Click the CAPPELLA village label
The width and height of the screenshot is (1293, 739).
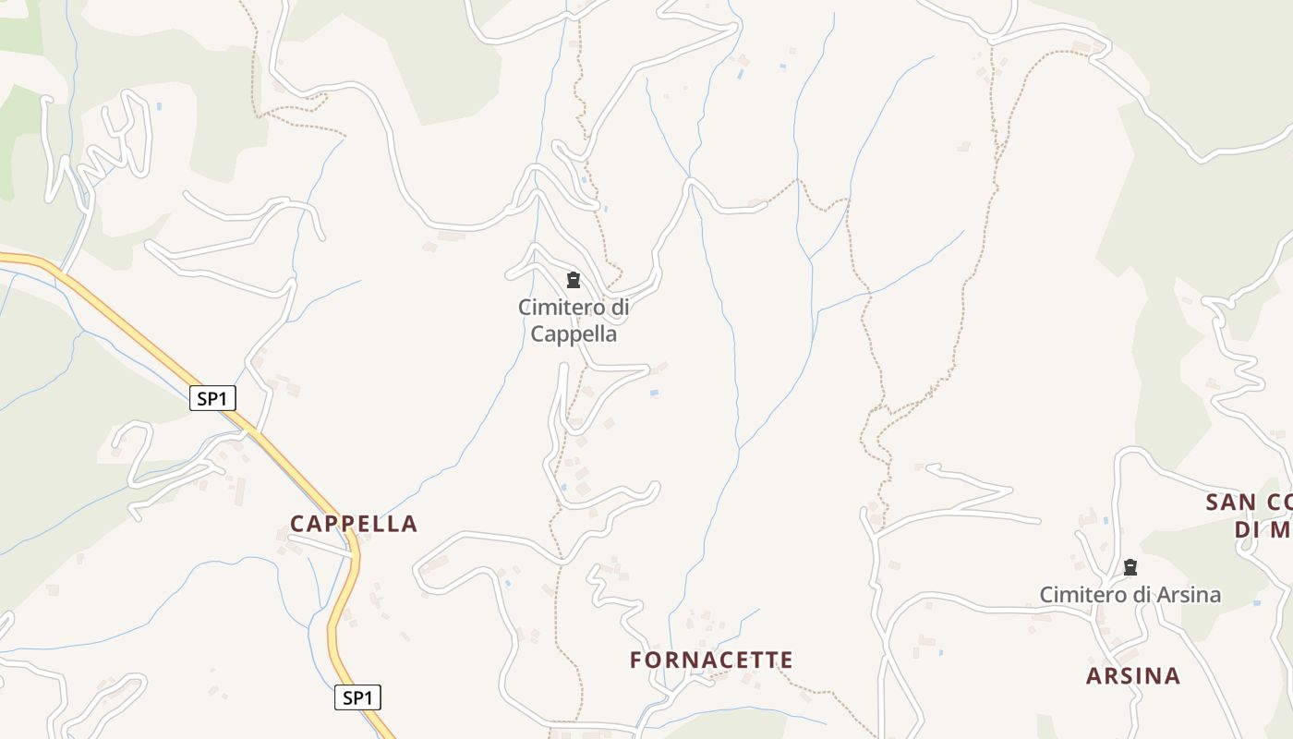click(x=354, y=524)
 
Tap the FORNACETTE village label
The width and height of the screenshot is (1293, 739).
click(x=711, y=660)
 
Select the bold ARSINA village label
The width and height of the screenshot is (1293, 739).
click(x=1133, y=676)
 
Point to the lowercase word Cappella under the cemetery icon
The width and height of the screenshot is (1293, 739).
click(x=574, y=333)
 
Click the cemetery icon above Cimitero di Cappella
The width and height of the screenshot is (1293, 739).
click(x=574, y=280)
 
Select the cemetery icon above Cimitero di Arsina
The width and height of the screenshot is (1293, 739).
click(x=1130, y=567)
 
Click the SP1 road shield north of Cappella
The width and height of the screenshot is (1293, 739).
click(x=212, y=399)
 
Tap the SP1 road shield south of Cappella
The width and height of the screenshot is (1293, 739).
click(x=357, y=698)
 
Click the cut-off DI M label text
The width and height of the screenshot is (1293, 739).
click(x=1263, y=530)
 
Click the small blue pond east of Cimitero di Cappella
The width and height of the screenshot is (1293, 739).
click(x=655, y=394)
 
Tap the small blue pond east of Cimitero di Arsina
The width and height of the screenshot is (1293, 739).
click(x=1256, y=602)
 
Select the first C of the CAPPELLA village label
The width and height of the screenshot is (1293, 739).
click(x=297, y=524)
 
